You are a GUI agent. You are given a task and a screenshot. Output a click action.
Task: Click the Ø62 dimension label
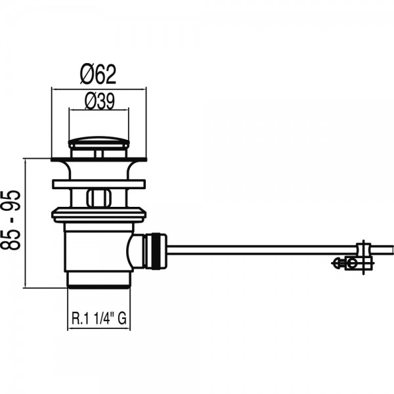[x=98, y=74]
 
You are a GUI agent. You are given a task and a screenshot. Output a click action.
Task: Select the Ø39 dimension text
[x=100, y=101]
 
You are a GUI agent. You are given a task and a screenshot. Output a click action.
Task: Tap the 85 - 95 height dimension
[x=11, y=220]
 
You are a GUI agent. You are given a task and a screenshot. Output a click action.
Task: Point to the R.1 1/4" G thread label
[x=99, y=318]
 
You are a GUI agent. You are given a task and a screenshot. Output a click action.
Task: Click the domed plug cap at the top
[x=98, y=142]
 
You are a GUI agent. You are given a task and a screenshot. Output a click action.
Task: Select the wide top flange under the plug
[x=98, y=160]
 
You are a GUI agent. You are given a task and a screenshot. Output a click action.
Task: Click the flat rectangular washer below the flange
[x=98, y=184]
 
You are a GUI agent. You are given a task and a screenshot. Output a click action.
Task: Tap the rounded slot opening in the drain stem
[x=98, y=198]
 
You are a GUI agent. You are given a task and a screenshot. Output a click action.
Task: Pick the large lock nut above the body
[x=98, y=215]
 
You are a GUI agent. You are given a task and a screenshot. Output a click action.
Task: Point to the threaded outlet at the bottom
[x=98, y=280]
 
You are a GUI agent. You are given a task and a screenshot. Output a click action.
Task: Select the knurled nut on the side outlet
[x=156, y=252]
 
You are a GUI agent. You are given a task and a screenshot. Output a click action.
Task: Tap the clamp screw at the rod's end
[x=353, y=263]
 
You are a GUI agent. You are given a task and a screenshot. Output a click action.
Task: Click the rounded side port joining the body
[x=135, y=252]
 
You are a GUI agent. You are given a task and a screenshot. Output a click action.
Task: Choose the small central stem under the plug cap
[x=99, y=154]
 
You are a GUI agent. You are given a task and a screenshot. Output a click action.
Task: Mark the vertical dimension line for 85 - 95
[x=26, y=223]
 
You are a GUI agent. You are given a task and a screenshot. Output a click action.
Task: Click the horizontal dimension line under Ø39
[x=98, y=110]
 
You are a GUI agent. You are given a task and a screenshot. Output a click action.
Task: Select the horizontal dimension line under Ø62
[x=98, y=89]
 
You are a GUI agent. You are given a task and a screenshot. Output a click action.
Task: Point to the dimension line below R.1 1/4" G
[x=99, y=328]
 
